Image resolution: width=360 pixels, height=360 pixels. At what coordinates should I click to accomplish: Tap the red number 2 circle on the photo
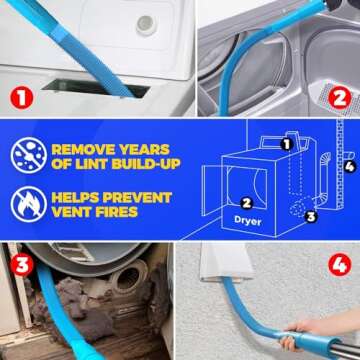tap(338, 98)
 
